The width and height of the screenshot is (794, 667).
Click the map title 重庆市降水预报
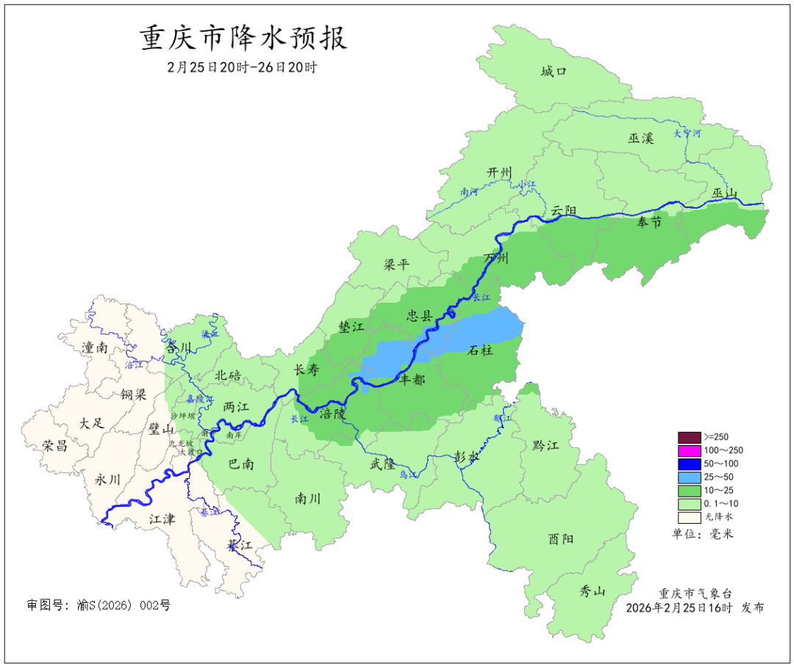coord(243,38)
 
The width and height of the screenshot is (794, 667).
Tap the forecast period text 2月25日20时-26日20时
coord(242,67)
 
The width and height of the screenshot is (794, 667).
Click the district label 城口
coord(554,71)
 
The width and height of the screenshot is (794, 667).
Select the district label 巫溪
coord(640,137)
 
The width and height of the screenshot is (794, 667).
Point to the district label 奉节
coord(648,223)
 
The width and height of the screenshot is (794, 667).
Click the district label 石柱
coord(481,350)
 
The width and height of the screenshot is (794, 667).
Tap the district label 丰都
coord(412,380)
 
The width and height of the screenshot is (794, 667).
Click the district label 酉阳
coord(560,539)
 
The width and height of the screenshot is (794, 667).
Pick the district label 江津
coord(162,519)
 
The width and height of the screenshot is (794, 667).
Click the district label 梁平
coord(396,264)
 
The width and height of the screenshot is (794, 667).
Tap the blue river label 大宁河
coord(687,134)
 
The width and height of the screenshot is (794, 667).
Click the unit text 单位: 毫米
coord(703,533)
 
